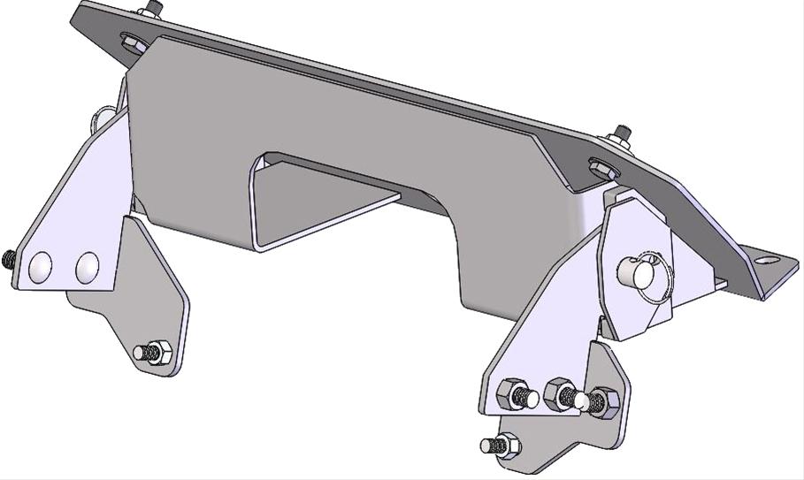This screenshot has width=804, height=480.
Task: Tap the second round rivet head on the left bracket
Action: pyautogui.click(x=87, y=266)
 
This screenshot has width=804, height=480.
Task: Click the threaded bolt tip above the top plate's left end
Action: pyautogui.click(x=155, y=8)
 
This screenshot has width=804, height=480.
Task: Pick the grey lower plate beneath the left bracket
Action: pyautogui.click(x=146, y=292)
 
